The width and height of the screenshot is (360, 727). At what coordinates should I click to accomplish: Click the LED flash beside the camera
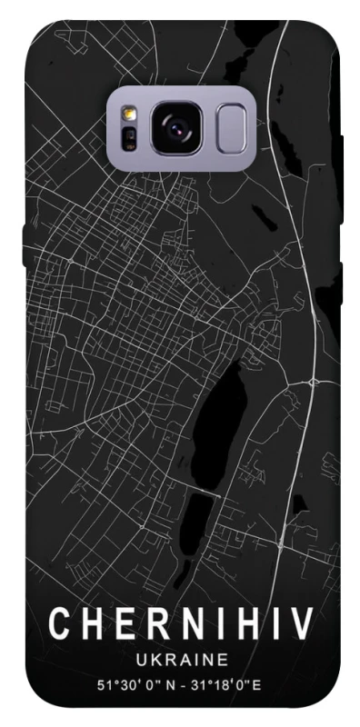(129, 115)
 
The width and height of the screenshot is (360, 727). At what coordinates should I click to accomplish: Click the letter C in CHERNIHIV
(59, 624)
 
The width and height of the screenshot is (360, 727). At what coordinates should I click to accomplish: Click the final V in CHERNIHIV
(302, 624)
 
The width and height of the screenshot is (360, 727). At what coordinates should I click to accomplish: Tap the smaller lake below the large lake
(199, 518)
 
